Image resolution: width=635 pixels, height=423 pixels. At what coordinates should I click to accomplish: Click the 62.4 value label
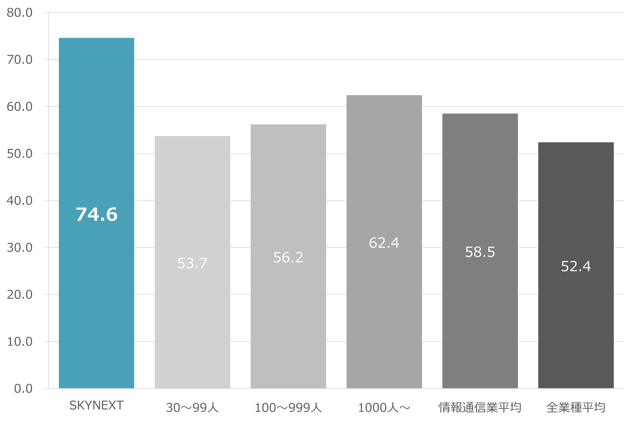384,243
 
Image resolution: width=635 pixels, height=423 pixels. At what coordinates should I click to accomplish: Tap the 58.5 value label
480,252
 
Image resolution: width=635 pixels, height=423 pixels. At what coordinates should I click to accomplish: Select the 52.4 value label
576,266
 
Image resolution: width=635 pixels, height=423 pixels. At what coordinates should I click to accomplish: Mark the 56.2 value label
288,257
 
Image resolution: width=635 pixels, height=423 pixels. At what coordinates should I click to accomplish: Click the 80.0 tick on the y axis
19,13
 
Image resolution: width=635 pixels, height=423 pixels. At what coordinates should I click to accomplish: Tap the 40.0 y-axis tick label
19,201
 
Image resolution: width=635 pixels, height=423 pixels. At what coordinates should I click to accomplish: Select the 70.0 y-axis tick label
19,60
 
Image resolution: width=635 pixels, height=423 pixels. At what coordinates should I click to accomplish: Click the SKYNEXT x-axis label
96,405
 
